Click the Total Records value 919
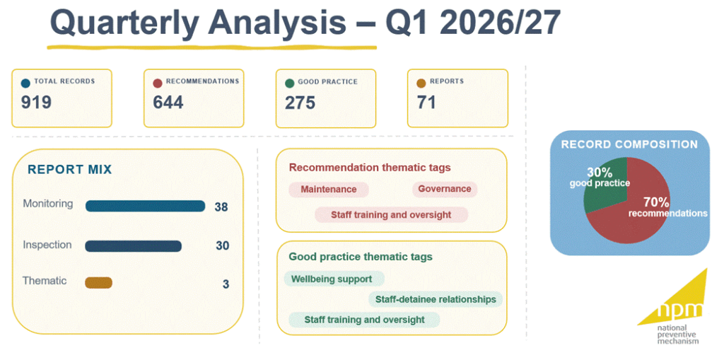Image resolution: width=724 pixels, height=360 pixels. [36, 102]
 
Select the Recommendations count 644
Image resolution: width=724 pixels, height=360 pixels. [168, 102]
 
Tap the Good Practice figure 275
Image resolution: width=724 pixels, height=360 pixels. [300, 102]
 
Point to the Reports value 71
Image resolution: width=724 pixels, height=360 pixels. [426, 102]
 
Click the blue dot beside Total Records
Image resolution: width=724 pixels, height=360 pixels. [26, 83]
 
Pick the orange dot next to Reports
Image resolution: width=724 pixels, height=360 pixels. [421, 83]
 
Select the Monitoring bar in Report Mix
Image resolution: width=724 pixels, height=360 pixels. [145, 206]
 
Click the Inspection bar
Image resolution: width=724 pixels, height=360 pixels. [133, 246]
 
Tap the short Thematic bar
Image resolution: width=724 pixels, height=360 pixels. [98, 282]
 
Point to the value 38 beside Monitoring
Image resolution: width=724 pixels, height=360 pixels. [221, 207]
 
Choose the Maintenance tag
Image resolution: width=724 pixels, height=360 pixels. [329, 190]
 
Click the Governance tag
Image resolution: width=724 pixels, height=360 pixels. [445, 189]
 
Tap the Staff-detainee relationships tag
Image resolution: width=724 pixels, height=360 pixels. [436, 299]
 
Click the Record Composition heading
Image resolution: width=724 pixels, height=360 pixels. [629, 144]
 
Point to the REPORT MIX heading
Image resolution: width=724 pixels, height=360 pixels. [70, 170]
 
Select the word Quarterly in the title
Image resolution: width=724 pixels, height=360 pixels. [134, 23]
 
